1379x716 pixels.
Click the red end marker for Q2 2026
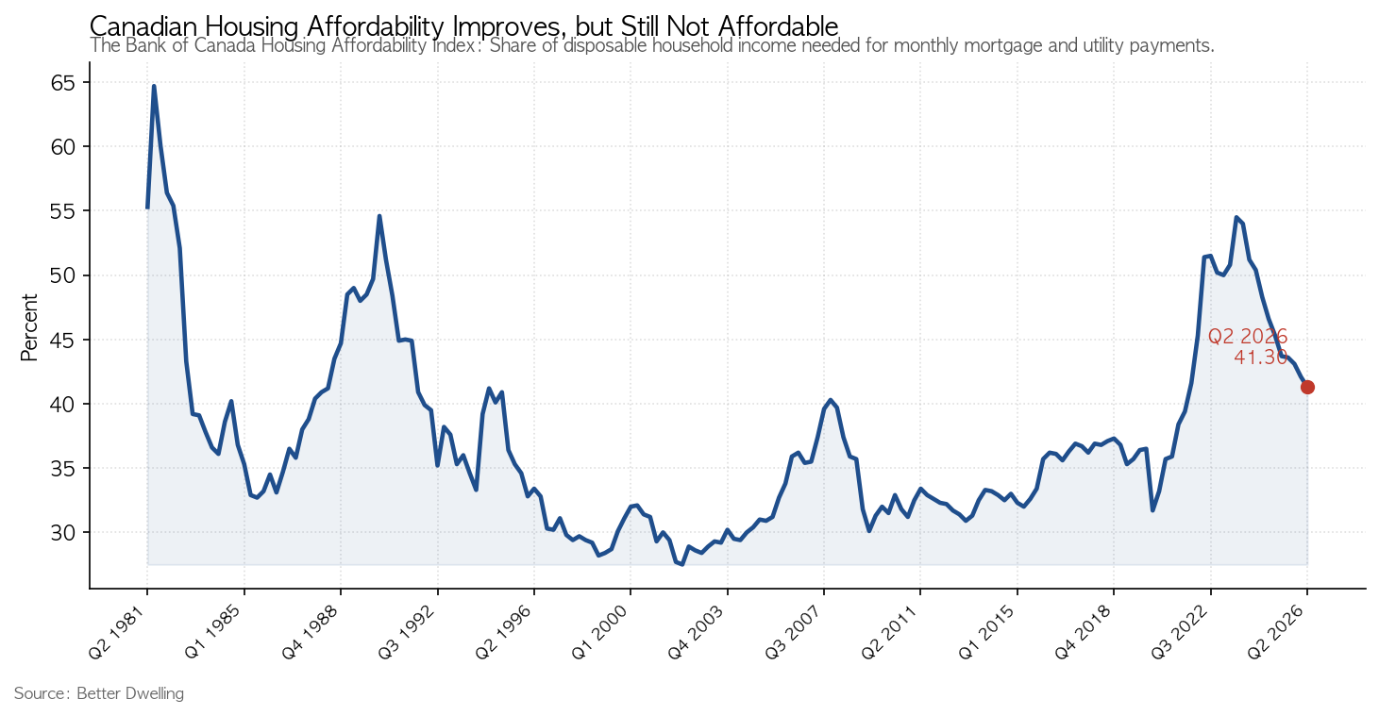pyautogui.click(x=1307, y=387)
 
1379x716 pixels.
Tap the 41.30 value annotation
pyautogui.click(x=1261, y=358)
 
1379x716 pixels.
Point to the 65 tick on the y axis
pyautogui.click(x=62, y=83)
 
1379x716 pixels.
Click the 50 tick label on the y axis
pyautogui.click(x=62, y=275)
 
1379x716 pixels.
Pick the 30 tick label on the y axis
pyautogui.click(x=62, y=533)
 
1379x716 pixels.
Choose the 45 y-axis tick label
pyautogui.click(x=62, y=341)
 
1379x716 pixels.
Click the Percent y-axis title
pyautogui.click(x=29, y=327)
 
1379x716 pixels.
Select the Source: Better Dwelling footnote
pyautogui.click(x=99, y=693)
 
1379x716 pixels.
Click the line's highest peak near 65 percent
pyautogui.click(x=154, y=86)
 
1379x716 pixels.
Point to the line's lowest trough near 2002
pyautogui.click(x=681, y=564)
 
